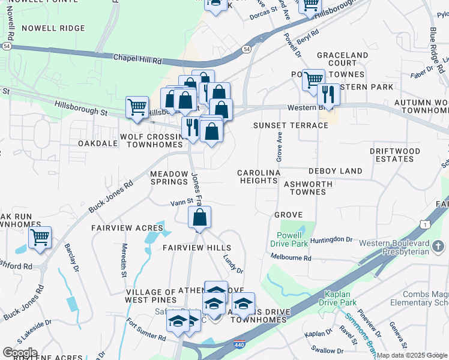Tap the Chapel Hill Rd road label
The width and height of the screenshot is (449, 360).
[137, 59]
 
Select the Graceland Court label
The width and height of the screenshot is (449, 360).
[342, 59]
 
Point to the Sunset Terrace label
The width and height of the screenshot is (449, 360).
[291, 125]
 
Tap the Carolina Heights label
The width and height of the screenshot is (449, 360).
[259, 176]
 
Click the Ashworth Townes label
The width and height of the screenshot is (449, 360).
[309, 188]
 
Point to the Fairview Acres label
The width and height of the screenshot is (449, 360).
[127, 228]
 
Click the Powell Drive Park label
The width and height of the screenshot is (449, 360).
[292, 239]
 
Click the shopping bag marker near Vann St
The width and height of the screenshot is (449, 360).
[199, 218]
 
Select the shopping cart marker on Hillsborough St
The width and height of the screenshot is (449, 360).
[137, 107]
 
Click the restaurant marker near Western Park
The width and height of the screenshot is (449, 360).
[327, 95]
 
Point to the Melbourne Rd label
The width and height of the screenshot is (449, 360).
[291, 258]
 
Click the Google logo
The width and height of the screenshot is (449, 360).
[20, 353]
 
